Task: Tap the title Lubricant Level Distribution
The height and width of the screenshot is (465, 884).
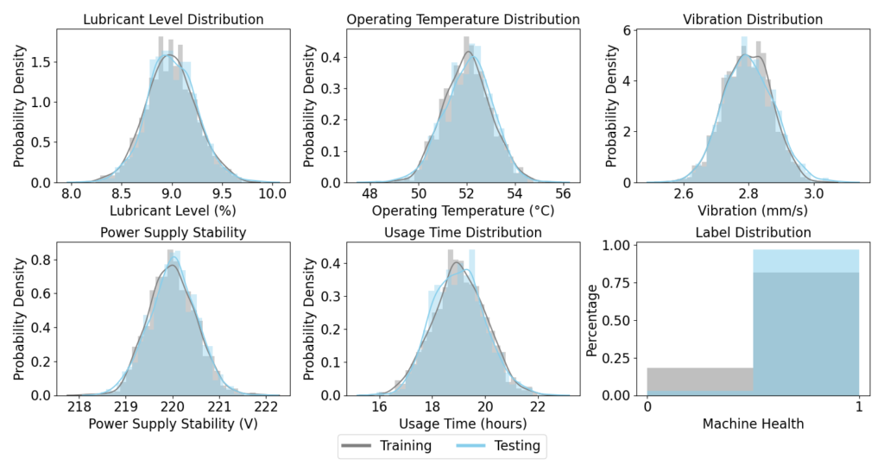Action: (x=172, y=19)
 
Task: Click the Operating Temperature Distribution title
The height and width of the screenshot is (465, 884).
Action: (x=463, y=19)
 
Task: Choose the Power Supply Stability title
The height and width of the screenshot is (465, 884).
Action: (x=173, y=232)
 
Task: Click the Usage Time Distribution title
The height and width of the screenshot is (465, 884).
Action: (x=463, y=232)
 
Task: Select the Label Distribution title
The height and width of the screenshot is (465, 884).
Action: (x=753, y=232)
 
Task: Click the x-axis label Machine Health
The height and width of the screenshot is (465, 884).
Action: (x=753, y=424)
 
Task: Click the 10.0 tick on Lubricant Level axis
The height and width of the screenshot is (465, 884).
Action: (x=274, y=194)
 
